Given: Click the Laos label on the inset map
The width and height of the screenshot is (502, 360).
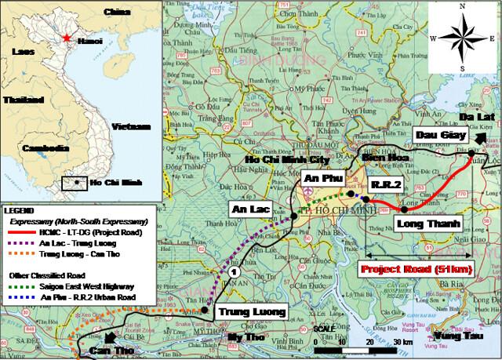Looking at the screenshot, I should (x=23, y=51).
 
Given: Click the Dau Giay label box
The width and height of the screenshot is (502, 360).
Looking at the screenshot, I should (x=438, y=135).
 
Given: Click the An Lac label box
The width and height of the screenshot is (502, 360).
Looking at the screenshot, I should (x=249, y=210).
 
